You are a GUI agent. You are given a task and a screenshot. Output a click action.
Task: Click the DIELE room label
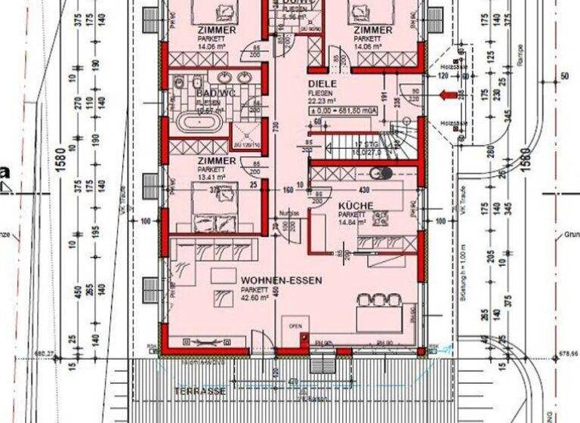pos(321,85)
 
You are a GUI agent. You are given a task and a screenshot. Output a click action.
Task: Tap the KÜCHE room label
pos(352,205)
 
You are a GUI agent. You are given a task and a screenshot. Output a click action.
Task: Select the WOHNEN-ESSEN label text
pos(282,279)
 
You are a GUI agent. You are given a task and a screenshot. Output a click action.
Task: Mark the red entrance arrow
pos(448,95)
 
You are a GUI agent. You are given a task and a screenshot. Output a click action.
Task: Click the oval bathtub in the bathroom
pos(200,122)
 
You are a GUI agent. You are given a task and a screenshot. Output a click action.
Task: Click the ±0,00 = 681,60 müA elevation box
pos(344,110)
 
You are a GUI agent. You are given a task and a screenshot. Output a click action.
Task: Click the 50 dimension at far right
pos(563,76)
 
